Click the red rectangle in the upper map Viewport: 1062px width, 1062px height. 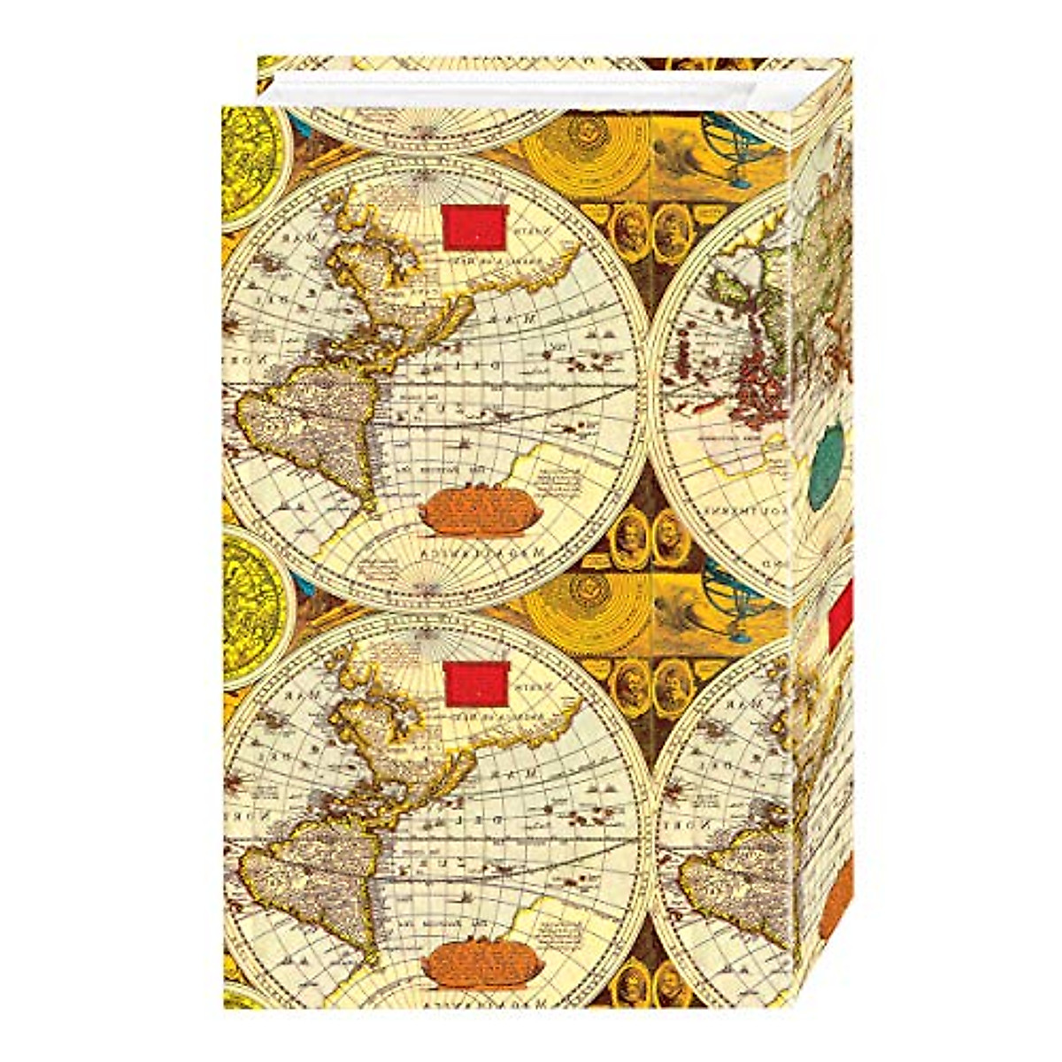click(475, 225)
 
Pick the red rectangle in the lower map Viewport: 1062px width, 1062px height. click(475, 683)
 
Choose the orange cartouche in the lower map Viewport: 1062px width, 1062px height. click(469, 967)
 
